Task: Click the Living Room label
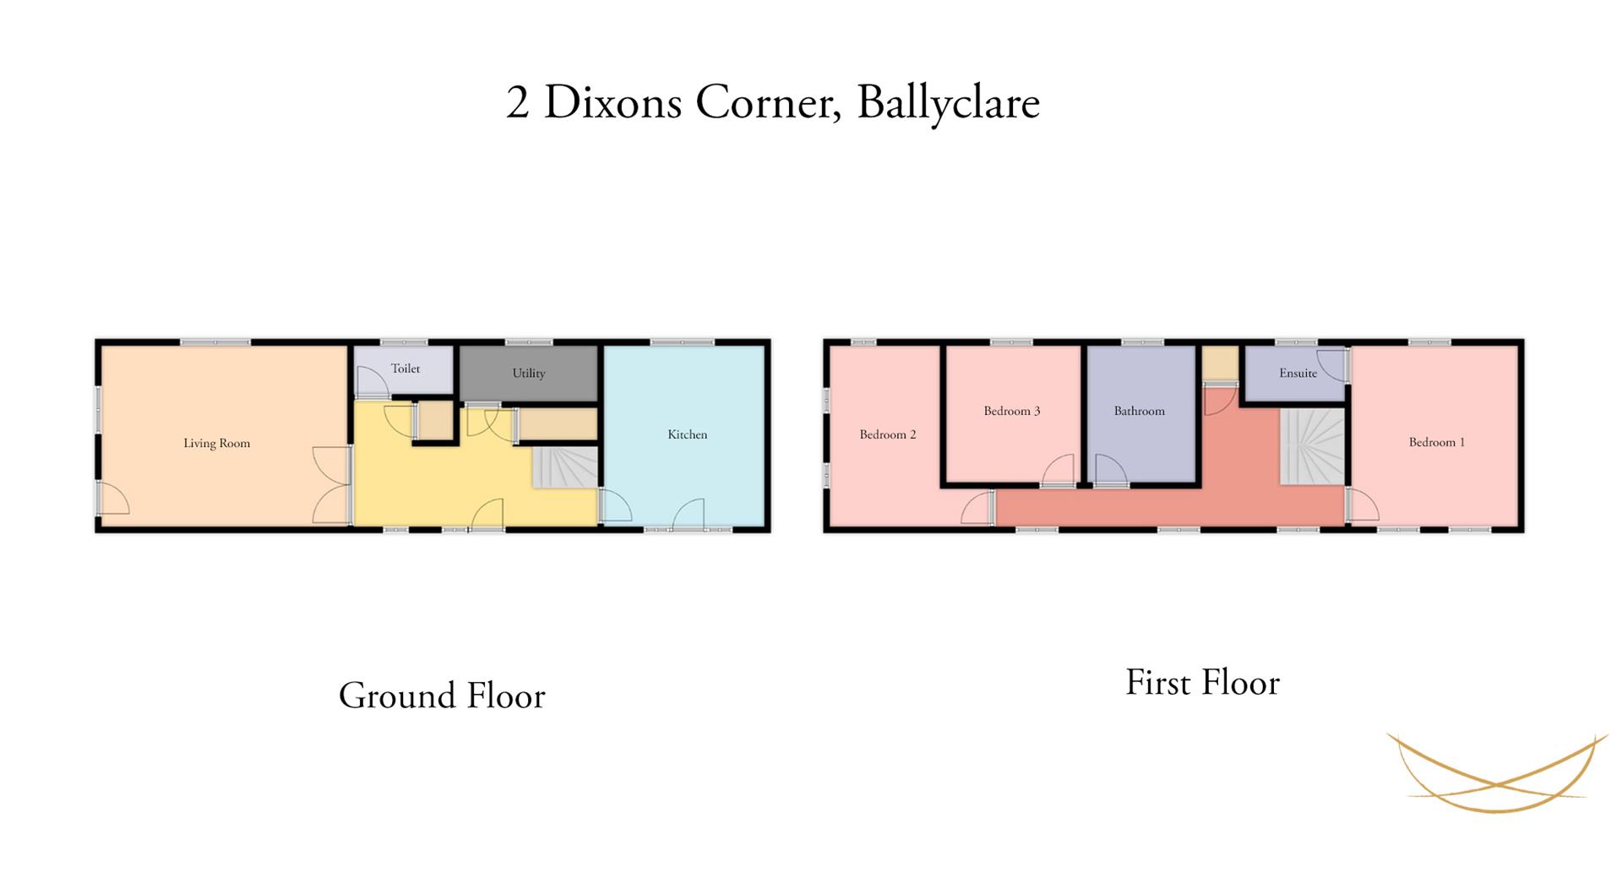click(x=216, y=444)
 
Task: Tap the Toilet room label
click(x=405, y=368)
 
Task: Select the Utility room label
click(x=529, y=374)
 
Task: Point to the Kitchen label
click(x=688, y=434)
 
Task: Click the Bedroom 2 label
click(x=888, y=434)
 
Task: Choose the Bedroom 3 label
click(x=1012, y=411)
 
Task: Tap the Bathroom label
click(x=1139, y=411)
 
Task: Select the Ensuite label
click(x=1298, y=373)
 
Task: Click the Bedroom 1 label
click(x=1437, y=442)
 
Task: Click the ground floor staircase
click(x=565, y=467)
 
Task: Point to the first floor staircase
click(x=1312, y=446)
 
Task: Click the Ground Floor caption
click(x=442, y=696)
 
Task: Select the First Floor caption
click(x=1202, y=683)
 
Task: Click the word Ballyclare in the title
click(x=948, y=103)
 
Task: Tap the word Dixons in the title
click(x=612, y=102)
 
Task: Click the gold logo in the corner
click(x=1497, y=772)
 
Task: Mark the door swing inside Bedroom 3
click(x=1058, y=470)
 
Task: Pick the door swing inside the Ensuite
click(x=1331, y=365)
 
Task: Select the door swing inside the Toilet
click(x=373, y=382)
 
